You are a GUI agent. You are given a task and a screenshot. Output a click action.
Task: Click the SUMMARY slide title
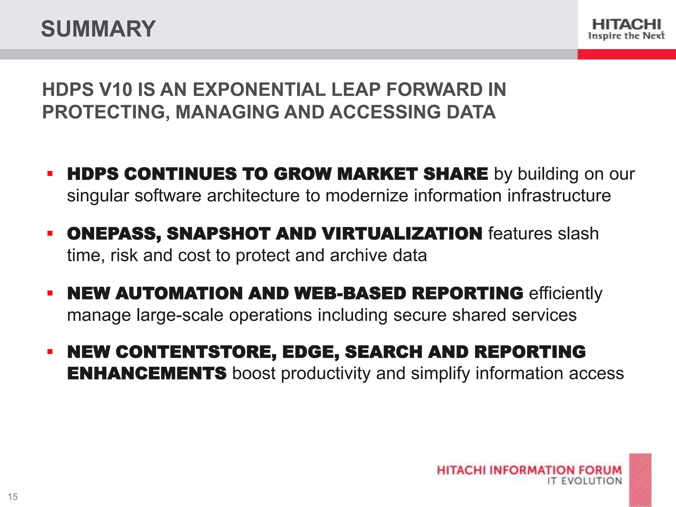(x=98, y=29)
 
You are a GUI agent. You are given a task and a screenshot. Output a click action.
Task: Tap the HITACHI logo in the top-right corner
(x=626, y=29)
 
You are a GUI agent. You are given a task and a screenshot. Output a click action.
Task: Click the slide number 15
(x=13, y=496)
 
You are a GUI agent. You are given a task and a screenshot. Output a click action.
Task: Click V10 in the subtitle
(x=116, y=89)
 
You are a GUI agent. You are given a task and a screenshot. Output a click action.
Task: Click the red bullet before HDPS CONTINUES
(x=50, y=174)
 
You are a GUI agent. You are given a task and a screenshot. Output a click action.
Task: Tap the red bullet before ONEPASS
(x=50, y=234)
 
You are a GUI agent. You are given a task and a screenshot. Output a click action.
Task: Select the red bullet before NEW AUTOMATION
(x=50, y=293)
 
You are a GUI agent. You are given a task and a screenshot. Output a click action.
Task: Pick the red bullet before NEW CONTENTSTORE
(x=50, y=352)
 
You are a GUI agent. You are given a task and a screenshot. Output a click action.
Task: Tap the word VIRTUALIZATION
(x=402, y=234)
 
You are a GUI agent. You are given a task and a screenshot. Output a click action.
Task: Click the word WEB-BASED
(x=350, y=293)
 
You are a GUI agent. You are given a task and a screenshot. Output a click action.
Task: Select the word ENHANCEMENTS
(x=147, y=373)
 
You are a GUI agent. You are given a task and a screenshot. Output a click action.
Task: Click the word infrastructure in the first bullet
(x=559, y=195)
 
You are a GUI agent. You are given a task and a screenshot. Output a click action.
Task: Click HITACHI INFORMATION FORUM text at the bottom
(x=529, y=470)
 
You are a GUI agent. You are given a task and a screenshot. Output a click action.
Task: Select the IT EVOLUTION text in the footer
(x=585, y=481)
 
